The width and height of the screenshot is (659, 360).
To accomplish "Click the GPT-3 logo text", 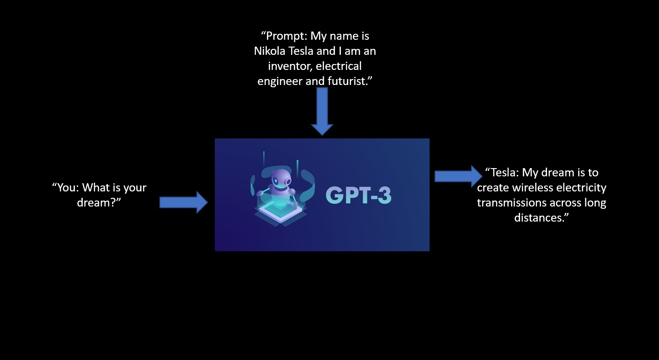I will (358, 195).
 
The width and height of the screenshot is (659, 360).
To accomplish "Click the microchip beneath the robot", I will (280, 212).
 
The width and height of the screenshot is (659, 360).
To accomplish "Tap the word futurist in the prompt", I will (351, 81).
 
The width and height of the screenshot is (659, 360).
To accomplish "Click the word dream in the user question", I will (93, 202).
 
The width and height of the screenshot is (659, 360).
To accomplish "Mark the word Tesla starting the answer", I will (504, 172).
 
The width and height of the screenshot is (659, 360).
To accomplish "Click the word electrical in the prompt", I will (339, 66).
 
